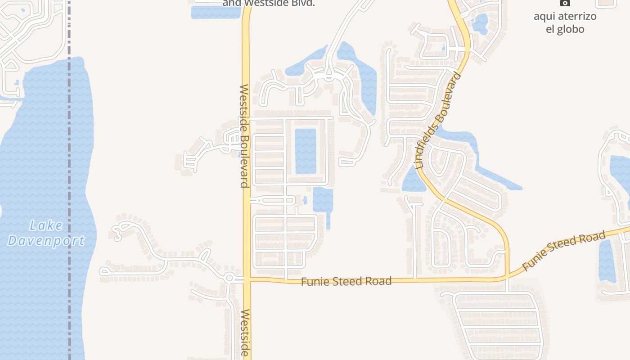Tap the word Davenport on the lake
(x=46, y=241)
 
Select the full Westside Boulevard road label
(x=244, y=136)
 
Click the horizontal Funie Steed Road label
(x=346, y=282)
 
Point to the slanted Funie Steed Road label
(x=564, y=251)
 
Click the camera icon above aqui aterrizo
(x=565, y=3)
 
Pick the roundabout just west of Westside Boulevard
(x=229, y=278)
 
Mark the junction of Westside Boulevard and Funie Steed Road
(x=247, y=280)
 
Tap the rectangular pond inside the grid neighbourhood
(x=306, y=151)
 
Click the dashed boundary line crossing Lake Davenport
(x=69, y=180)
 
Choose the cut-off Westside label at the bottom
(x=245, y=333)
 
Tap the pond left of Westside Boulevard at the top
(x=216, y=12)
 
